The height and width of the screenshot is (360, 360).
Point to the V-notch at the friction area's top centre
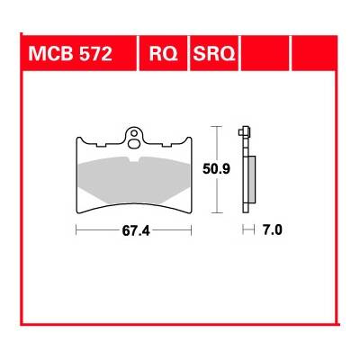coord(134,160)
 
